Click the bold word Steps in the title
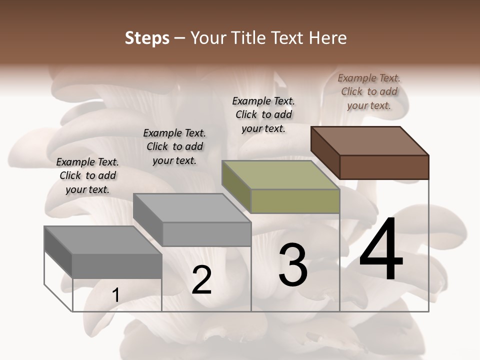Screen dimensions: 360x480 [147, 38]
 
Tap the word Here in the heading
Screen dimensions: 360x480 [328, 38]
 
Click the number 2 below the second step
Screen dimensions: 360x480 [201, 280]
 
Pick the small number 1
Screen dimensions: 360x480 [116, 295]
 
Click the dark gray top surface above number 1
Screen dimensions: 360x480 [103, 240]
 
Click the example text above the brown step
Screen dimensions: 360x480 [369, 91]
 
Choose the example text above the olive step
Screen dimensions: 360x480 [263, 114]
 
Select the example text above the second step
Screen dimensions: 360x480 [174, 146]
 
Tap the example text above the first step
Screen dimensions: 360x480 [87, 175]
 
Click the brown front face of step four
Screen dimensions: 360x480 [384, 167]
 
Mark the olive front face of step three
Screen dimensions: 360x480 [295, 201]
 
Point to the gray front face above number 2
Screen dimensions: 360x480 [206, 234]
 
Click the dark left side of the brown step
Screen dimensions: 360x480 [325, 152]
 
